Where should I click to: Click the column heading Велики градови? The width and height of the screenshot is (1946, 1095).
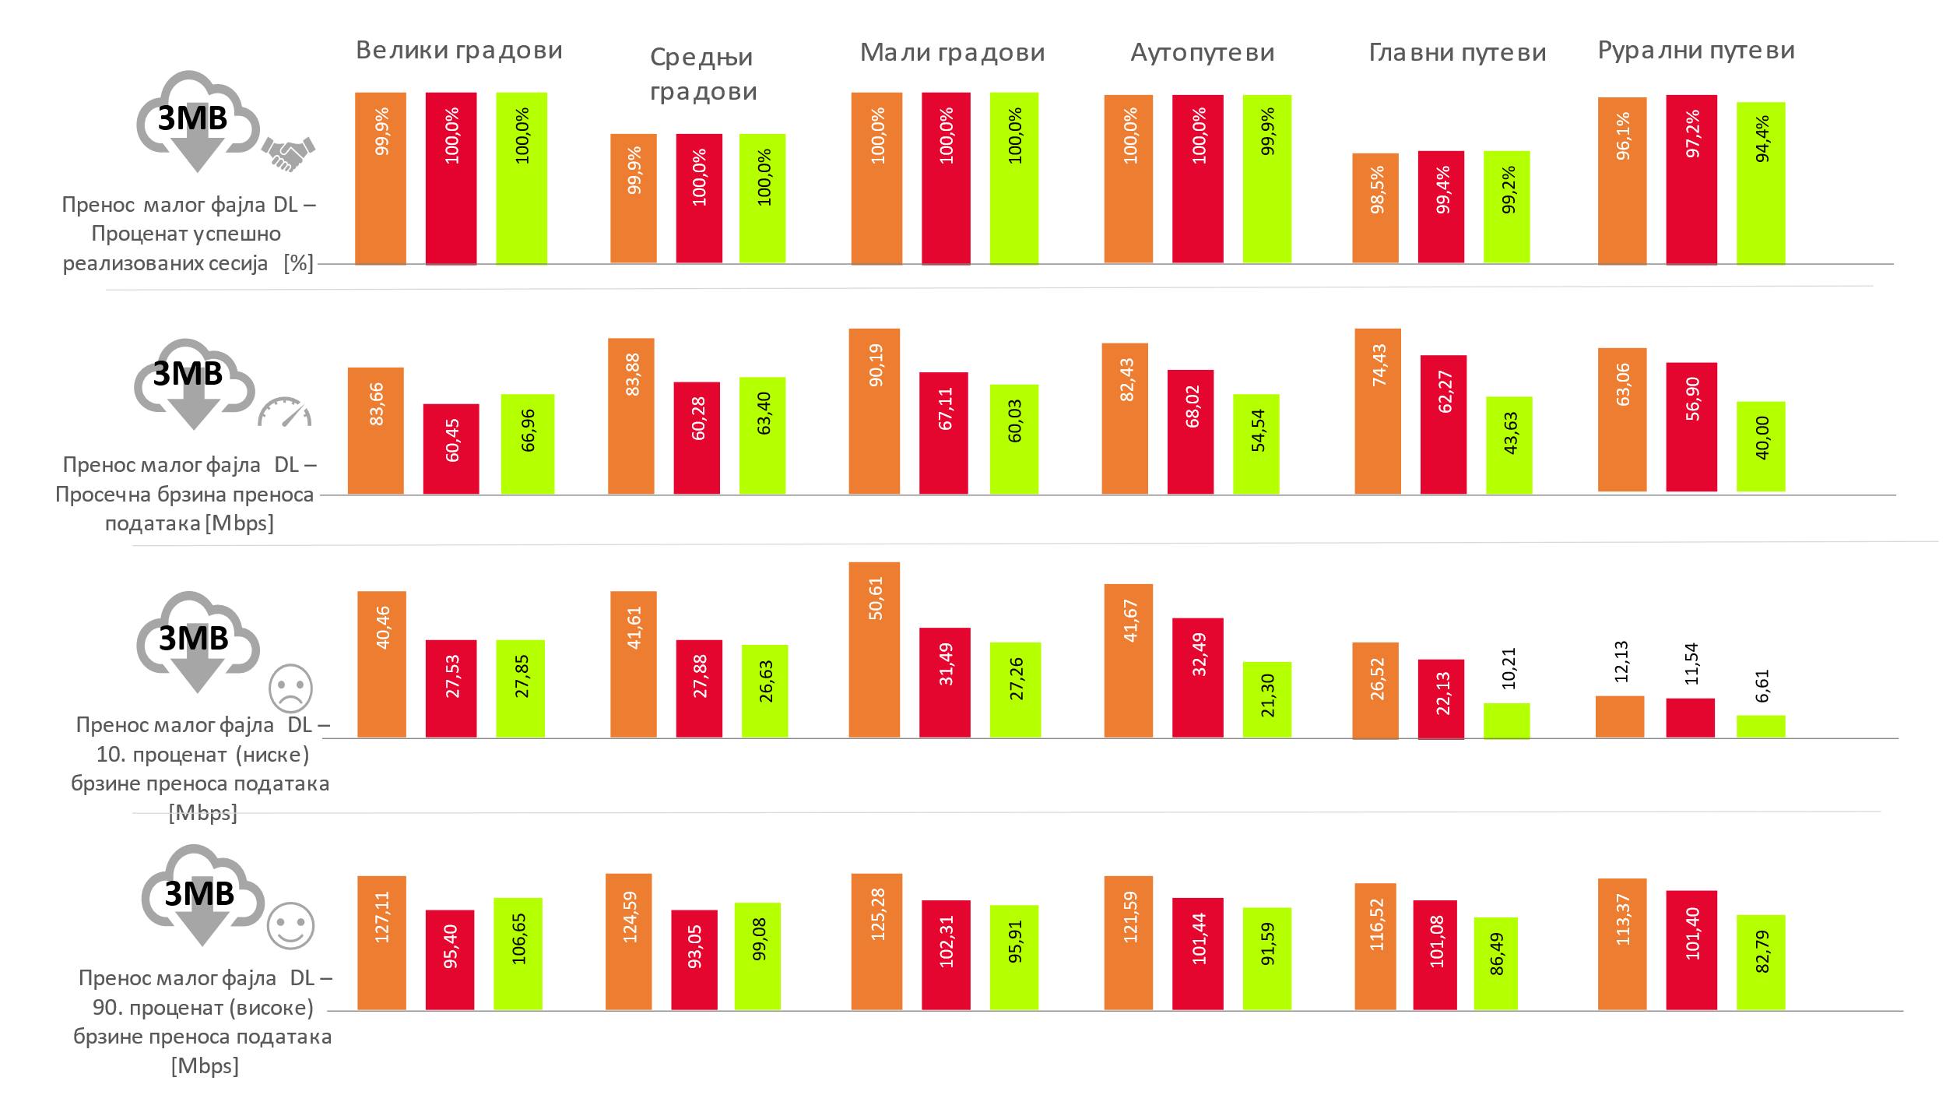[x=458, y=51]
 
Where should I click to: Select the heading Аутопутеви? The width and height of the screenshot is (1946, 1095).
[x=1202, y=53]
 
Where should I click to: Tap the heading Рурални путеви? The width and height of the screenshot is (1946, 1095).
[x=1696, y=51]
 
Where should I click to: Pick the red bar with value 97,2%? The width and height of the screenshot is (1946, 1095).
[x=1691, y=180]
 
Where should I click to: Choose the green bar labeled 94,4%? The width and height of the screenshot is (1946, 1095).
[x=1761, y=184]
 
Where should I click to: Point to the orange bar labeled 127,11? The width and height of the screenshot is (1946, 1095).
[x=381, y=943]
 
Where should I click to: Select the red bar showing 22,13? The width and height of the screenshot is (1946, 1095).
[x=1441, y=699]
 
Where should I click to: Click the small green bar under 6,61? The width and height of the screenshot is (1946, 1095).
[x=1761, y=727]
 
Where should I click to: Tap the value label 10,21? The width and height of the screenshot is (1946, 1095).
[x=1509, y=668]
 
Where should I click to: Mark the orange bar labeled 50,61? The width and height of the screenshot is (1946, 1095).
[x=874, y=650]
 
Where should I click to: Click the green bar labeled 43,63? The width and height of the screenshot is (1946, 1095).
[x=1509, y=445]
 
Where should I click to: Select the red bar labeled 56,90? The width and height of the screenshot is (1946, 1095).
[x=1691, y=427]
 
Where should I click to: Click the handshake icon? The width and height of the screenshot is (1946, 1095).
[x=288, y=153]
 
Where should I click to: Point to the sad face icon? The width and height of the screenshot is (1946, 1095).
[x=290, y=688]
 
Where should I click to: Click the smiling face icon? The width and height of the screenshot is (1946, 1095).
[x=290, y=926]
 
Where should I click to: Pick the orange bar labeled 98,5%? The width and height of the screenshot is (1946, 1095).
[x=1375, y=208]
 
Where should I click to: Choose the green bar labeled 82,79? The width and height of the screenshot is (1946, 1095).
[x=1761, y=963]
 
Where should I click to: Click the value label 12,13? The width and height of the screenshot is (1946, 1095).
[x=1621, y=661]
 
